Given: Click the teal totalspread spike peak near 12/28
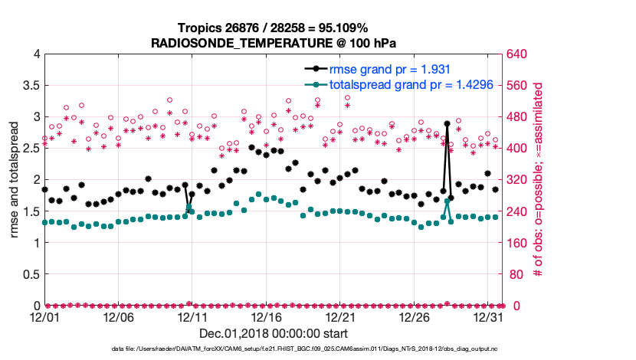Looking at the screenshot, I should [447, 201].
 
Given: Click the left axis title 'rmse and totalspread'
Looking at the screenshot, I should [15, 180].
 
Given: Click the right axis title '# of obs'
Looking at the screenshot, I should [538, 180].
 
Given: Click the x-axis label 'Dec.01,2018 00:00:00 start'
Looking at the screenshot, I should [274, 333].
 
